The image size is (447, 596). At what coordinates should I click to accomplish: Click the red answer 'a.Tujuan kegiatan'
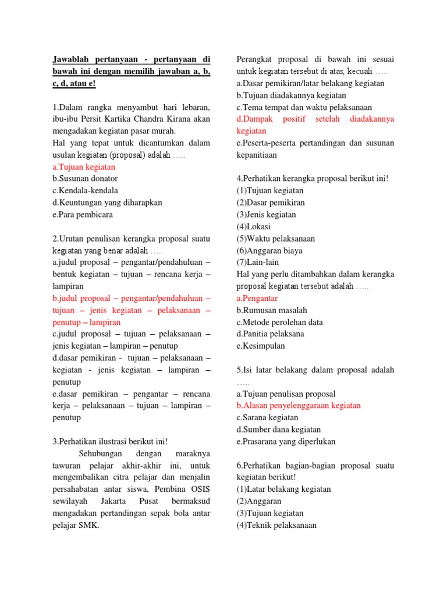pos(84,167)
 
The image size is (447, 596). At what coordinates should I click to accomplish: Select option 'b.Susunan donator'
pos(85,179)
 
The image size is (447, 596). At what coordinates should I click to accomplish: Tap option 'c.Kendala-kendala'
pos(85,191)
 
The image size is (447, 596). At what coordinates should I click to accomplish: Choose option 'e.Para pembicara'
pos(83,215)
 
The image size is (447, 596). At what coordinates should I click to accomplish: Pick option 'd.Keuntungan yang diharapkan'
pos(107,203)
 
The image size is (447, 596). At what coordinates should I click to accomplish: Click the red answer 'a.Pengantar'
pos(257,298)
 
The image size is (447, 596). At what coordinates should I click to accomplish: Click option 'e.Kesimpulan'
pos(261,346)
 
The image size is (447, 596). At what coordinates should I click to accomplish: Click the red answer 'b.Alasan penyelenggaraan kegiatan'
pos(299,405)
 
